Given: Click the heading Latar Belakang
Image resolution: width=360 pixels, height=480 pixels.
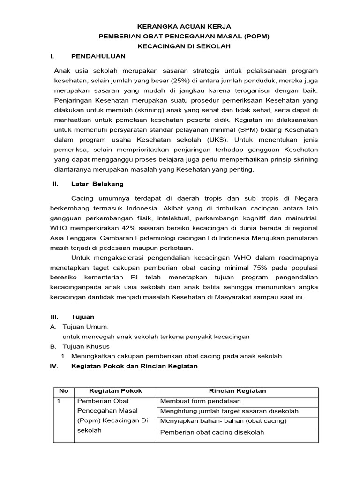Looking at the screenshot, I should pyautogui.click(x=97, y=184).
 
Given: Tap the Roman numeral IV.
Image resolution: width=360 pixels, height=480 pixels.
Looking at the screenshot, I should pyautogui.click(x=53, y=366).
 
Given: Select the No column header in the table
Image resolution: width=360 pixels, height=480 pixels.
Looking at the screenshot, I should pyautogui.click(x=63, y=391).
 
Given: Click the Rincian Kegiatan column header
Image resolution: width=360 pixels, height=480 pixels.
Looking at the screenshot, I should pyautogui.click(x=237, y=391).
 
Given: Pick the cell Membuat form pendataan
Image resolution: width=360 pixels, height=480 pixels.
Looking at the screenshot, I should pyautogui.click(x=200, y=401).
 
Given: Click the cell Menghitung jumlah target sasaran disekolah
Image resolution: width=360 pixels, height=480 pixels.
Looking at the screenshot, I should pyautogui.click(x=229, y=411).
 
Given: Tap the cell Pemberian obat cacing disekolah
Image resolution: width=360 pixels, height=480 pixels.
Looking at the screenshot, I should pyautogui.click(x=212, y=432).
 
